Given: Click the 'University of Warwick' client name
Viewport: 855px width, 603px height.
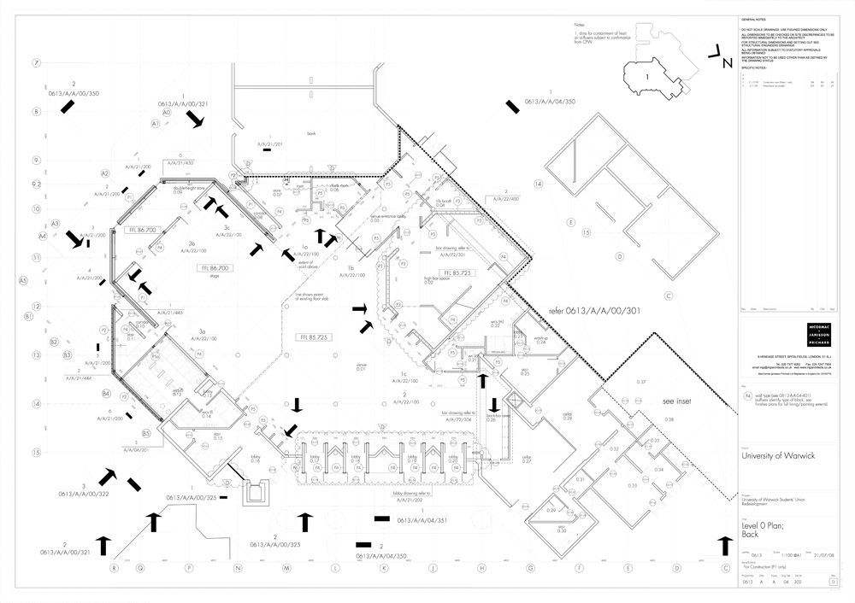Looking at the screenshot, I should [x=777, y=456].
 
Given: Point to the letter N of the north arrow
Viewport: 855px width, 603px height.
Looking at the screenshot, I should [x=726, y=62].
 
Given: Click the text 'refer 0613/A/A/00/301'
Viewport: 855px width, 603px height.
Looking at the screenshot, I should [x=588, y=311].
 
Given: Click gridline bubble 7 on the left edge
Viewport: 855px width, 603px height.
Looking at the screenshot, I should [x=37, y=63].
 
